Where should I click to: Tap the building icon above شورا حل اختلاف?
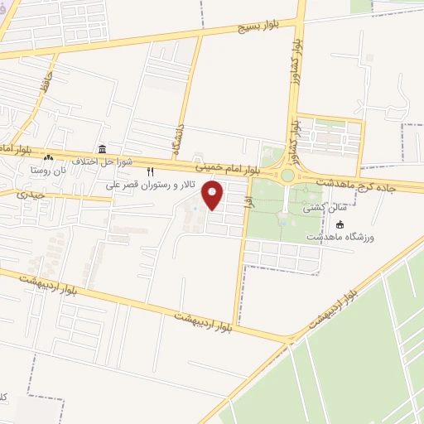point(102,149)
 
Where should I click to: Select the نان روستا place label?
point(47,169)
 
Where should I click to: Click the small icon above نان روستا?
point(48,158)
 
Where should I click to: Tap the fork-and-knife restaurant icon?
point(150,171)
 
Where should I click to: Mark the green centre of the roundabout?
point(287,176)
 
